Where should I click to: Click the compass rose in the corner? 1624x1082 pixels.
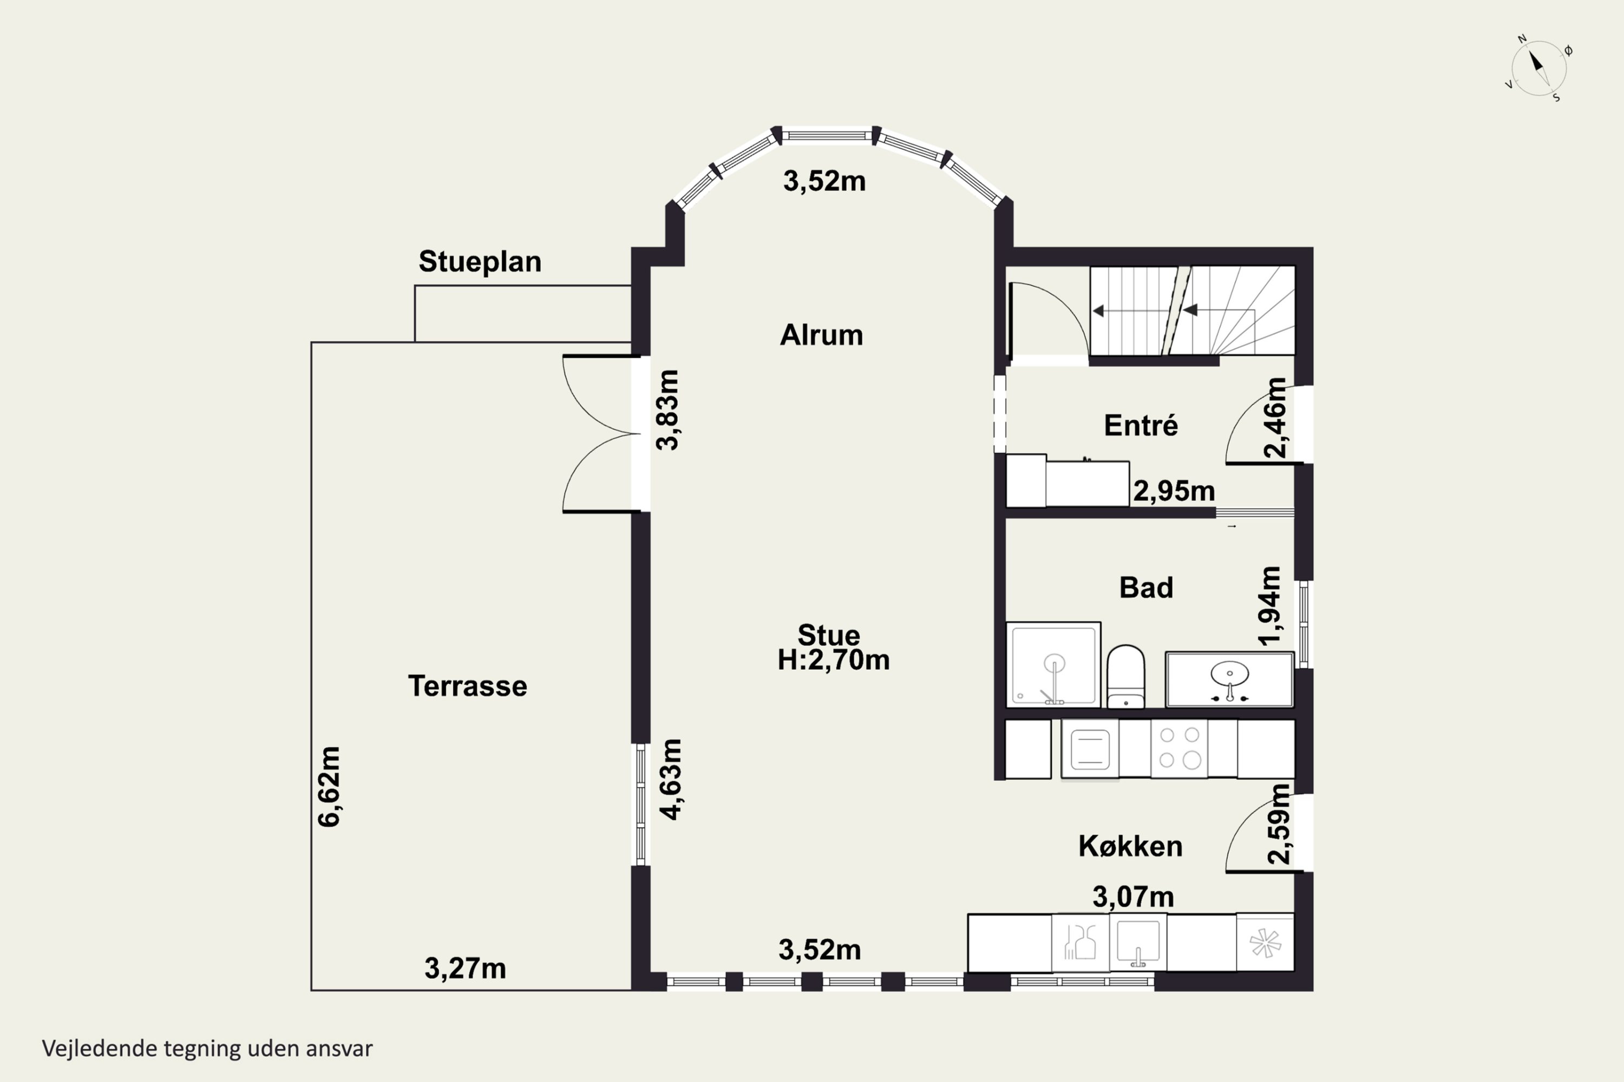[1539, 68]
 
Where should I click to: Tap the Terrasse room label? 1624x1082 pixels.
[468, 686]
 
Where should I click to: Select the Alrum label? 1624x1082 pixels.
[821, 335]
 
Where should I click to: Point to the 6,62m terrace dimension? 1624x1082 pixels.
[329, 786]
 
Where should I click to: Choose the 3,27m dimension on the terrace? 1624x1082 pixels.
[466, 969]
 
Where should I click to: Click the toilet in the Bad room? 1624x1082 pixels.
[1125, 676]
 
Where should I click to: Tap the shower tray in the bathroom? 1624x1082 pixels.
[1053, 664]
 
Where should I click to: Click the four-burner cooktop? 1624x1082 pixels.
[1180, 749]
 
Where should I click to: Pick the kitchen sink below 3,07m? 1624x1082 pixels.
[1138, 942]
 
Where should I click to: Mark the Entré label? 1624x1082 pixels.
[1141, 425]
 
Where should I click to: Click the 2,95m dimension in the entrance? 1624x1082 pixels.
[1174, 491]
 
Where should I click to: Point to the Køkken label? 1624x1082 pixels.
[1130, 846]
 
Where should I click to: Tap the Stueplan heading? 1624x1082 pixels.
[480, 261]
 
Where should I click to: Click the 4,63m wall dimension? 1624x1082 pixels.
[671, 779]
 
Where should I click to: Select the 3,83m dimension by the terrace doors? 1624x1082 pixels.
[667, 410]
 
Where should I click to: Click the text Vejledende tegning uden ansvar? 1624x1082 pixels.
[207, 1049]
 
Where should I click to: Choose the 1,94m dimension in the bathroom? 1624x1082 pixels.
[1270, 606]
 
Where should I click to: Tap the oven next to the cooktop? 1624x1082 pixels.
[1090, 749]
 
